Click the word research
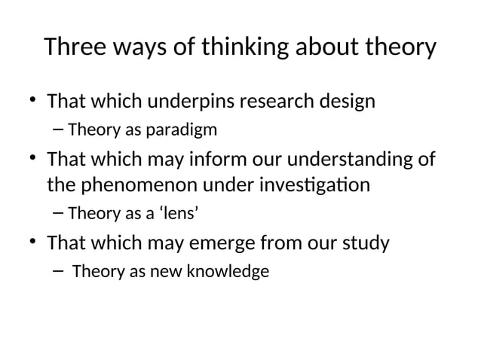point(277,101)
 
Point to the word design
point(347,101)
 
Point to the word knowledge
point(231,272)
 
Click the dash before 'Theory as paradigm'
point(59,130)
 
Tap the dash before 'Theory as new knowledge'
point(59,272)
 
